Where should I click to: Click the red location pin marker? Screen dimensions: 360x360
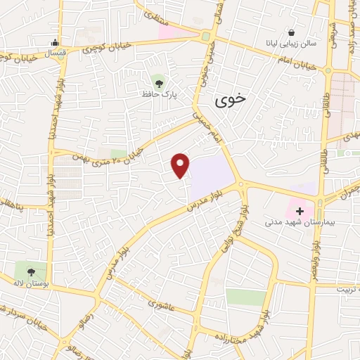pyautogui.click(x=181, y=165)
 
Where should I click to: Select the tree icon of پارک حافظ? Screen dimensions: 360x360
pyautogui.click(x=156, y=80)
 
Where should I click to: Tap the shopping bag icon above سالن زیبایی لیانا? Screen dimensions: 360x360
pyautogui.click(x=291, y=32)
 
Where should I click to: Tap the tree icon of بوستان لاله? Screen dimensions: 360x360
pyautogui.click(x=30, y=271)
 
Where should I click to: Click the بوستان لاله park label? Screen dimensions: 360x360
pyautogui.click(x=30, y=284)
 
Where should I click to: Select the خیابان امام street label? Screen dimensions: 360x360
pyautogui.click(x=298, y=63)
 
